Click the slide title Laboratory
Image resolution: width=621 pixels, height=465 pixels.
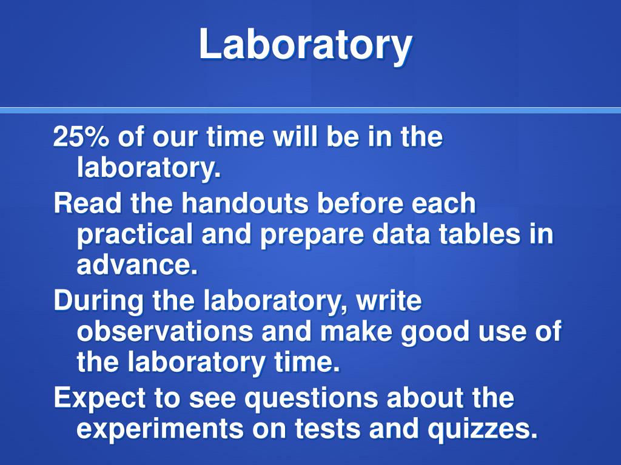[x=306, y=45]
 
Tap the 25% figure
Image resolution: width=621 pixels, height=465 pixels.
[x=81, y=137]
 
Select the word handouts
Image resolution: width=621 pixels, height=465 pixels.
[x=245, y=203]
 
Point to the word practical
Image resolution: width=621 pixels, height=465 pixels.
[x=135, y=234]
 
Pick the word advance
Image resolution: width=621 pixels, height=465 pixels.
[x=136, y=265]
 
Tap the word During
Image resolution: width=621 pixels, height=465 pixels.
[x=98, y=302]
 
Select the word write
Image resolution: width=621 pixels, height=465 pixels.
[x=389, y=301]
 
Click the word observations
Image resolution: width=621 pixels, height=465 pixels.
[x=165, y=331]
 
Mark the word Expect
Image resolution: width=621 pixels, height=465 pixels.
[x=99, y=399]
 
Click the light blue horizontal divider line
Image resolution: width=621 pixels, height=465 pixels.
[x=310, y=110]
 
